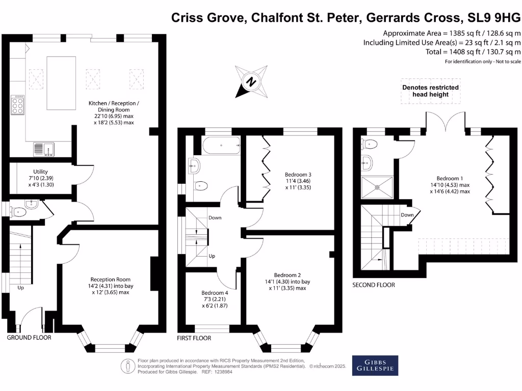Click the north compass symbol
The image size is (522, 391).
pyautogui.click(x=251, y=81)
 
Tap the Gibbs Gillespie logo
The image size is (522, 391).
pyautogui.click(x=375, y=365)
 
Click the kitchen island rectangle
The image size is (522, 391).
pyautogui.click(x=62, y=83)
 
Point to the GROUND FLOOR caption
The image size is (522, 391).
pyautogui.click(x=29, y=338)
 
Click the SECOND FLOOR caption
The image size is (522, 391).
pyautogui.click(x=374, y=285)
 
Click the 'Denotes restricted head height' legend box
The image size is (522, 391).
pyautogui.click(x=430, y=91)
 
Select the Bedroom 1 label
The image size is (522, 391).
pyautogui.click(x=449, y=185)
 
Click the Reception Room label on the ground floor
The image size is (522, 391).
pyautogui.click(x=110, y=286)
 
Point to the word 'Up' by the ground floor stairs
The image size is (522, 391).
pyautogui.click(x=21, y=288)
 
